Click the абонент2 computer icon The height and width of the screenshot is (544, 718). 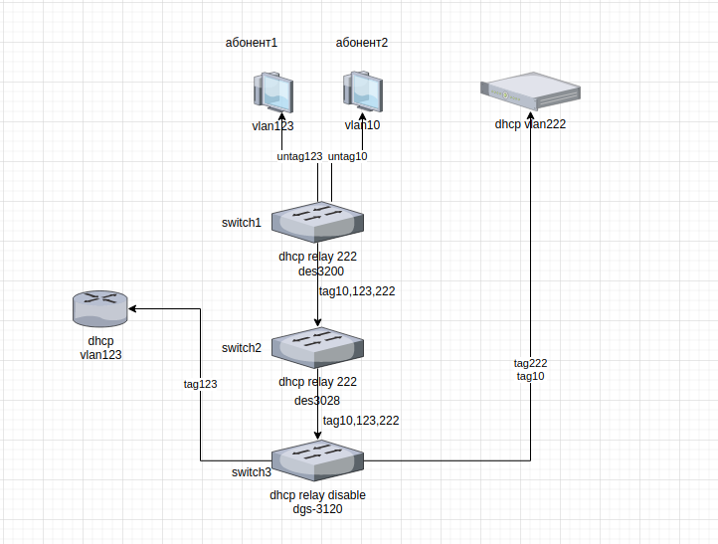coord(362,93)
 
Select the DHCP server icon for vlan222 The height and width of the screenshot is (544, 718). coord(530,92)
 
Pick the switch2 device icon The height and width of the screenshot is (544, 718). coord(318,346)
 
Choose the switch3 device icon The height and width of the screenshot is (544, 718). coord(318,461)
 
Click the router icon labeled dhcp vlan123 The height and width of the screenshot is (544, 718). coord(101,307)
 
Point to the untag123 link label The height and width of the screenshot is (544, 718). coord(299,156)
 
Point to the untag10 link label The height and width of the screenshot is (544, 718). coord(348,156)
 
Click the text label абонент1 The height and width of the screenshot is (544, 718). coord(253,43)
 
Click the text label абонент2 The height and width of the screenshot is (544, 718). coord(362,43)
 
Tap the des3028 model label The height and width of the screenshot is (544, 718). coord(317,401)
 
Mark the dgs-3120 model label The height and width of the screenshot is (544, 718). coord(317,509)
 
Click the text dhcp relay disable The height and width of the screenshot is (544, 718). coord(317,494)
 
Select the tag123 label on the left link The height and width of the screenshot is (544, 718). coord(200,384)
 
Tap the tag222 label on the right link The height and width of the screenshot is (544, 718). coord(530,363)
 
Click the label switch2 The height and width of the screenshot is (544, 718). coord(242,348)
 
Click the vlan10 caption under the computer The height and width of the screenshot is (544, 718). coord(362,125)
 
